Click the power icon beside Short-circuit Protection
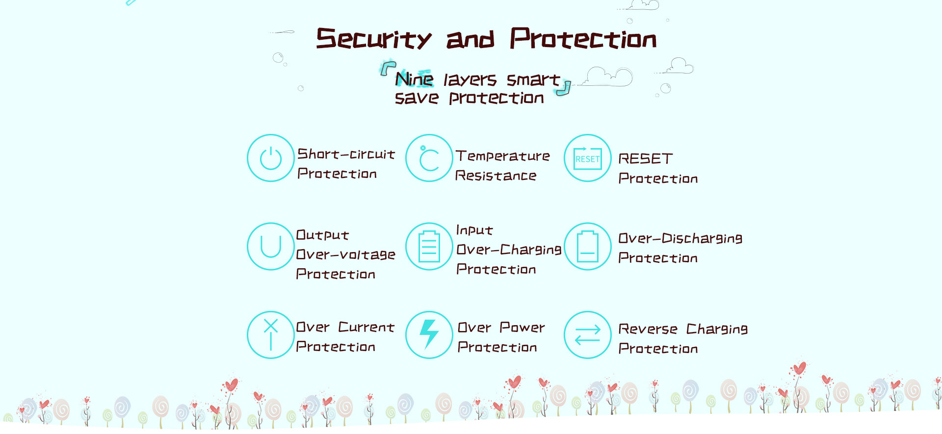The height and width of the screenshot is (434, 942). coord(271,158)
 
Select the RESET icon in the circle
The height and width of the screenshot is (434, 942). coord(588,158)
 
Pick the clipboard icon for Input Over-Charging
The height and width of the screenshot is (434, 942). coord(429,246)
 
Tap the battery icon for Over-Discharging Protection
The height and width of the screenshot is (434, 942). coord(588,246)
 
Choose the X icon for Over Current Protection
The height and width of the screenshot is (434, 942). coord(271,334)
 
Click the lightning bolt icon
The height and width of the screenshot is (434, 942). coord(429,334)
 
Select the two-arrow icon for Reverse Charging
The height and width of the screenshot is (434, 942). coord(588,334)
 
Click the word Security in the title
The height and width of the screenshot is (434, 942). coord(374,38)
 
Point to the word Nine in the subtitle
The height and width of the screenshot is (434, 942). coord(415,78)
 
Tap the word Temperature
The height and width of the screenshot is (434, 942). coord(503,156)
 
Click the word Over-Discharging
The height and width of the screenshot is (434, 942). coord(680,238)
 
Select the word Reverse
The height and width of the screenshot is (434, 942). coord(648,329)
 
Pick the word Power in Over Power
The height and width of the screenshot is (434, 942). coord(522,327)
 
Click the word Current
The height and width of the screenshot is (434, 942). coord(366,327)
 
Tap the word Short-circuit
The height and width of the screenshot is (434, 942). coord(346,154)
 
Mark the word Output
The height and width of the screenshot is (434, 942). coord(322,235)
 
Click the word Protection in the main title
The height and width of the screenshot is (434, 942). coord(583,38)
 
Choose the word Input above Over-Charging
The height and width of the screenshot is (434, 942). coord(474,230)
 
